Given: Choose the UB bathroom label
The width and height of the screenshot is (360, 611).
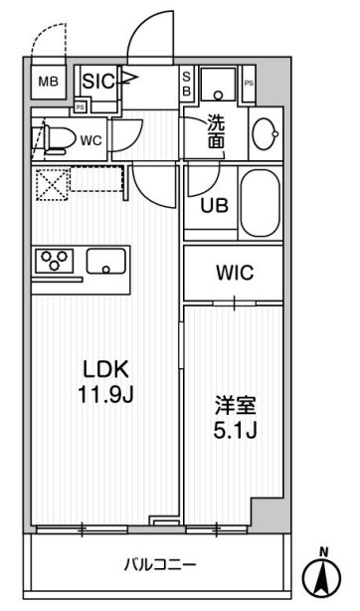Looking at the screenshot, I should click(x=214, y=207).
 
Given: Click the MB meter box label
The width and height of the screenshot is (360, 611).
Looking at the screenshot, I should click(x=49, y=82).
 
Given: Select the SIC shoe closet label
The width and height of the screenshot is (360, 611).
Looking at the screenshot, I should click(x=100, y=81).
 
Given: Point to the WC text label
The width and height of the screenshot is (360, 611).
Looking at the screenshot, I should click(x=90, y=140).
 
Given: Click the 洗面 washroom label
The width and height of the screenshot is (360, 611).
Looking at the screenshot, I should click(x=216, y=132).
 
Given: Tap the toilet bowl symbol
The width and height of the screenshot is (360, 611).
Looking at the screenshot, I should click(x=55, y=138).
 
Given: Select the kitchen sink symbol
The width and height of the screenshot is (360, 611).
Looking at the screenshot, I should click(x=105, y=263).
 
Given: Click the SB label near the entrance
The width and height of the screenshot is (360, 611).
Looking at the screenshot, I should click(x=186, y=84).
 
